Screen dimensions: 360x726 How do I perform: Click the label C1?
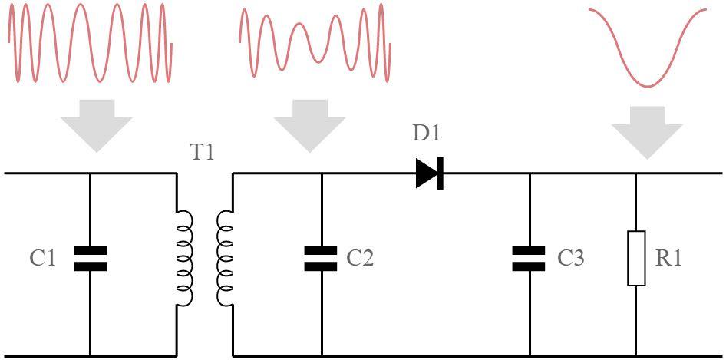43,259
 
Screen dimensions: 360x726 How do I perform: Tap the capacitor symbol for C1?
90,259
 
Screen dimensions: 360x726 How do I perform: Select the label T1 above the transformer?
202,153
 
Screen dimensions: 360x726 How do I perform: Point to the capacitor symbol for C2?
321,259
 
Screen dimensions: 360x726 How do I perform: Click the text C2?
360,259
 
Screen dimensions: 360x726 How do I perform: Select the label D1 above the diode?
427,134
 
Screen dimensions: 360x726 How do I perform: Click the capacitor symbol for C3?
529,259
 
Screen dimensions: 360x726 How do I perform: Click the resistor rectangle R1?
636,259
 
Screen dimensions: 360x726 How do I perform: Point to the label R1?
668,259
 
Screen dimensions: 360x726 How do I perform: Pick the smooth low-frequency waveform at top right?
647,46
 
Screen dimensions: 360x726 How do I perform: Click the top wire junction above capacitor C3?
529,173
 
